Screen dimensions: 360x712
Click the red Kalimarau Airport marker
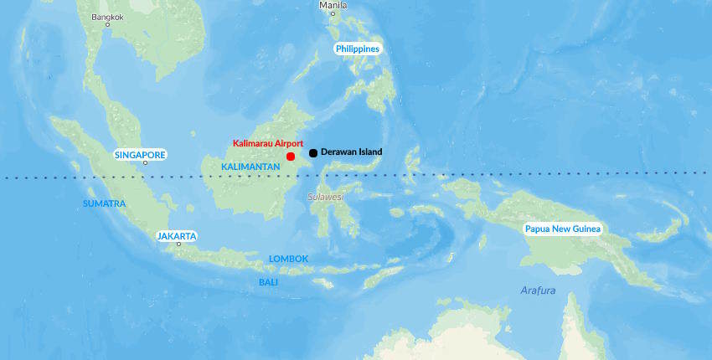click(291, 157)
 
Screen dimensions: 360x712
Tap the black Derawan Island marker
click(313, 152)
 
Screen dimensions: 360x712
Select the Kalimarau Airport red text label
click(268, 143)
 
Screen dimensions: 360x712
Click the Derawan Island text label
click(351, 152)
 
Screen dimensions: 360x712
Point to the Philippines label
click(358, 49)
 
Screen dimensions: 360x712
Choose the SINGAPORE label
click(140, 155)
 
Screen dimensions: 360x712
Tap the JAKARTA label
click(177, 236)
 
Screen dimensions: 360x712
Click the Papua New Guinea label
click(563, 229)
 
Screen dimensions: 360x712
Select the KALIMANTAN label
click(250, 167)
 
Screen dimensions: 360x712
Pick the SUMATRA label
click(104, 203)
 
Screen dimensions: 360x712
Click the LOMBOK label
click(289, 259)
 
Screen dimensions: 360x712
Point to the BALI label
click(268, 282)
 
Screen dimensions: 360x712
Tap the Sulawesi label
click(325, 197)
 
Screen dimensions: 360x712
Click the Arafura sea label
click(538, 291)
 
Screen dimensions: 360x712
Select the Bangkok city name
click(107, 17)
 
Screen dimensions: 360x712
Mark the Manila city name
click(333, 5)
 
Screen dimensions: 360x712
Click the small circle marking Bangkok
click(107, 25)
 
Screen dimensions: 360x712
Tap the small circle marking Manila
click(333, 13)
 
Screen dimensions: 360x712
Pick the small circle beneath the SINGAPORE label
click(145, 163)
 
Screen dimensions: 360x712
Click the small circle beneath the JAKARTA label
click(178, 244)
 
